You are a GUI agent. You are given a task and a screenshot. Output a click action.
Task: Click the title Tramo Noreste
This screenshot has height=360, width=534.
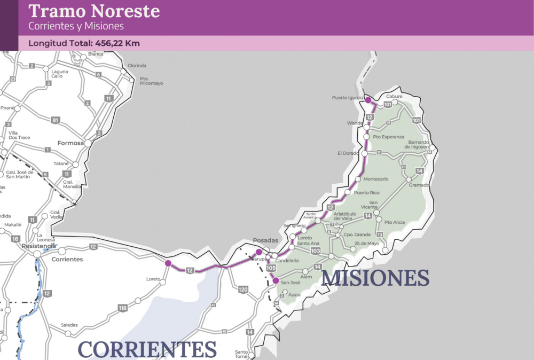(x=93, y=11)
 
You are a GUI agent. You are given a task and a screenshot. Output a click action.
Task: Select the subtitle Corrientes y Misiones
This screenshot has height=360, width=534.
(x=76, y=26)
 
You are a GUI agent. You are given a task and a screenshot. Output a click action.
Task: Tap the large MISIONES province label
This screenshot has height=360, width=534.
(x=375, y=278)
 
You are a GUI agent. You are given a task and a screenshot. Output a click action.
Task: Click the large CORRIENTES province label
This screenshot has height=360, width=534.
(x=147, y=349)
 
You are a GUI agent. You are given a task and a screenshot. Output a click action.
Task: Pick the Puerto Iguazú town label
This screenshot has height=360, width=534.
(x=347, y=98)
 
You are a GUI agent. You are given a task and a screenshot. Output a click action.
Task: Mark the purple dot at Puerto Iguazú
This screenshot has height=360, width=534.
(x=368, y=100)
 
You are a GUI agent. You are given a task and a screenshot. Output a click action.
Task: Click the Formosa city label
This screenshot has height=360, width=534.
(x=72, y=143)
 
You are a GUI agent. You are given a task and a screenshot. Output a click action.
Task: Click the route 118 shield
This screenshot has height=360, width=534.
(x=123, y=308)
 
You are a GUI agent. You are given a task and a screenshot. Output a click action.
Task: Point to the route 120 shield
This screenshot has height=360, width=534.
(x=244, y=289)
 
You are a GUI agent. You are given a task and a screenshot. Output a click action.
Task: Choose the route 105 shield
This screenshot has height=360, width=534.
(x=271, y=268)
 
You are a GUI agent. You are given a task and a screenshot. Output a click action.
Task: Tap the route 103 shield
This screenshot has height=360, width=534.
(x=315, y=251)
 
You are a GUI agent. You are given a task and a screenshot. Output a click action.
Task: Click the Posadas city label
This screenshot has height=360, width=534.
(x=265, y=241)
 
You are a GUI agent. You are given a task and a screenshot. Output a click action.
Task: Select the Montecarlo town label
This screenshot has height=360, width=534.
(x=375, y=179)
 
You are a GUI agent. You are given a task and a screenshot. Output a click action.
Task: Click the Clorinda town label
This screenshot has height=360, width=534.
(x=137, y=66)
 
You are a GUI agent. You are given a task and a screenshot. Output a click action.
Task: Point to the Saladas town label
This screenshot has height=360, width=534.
(x=69, y=325)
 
